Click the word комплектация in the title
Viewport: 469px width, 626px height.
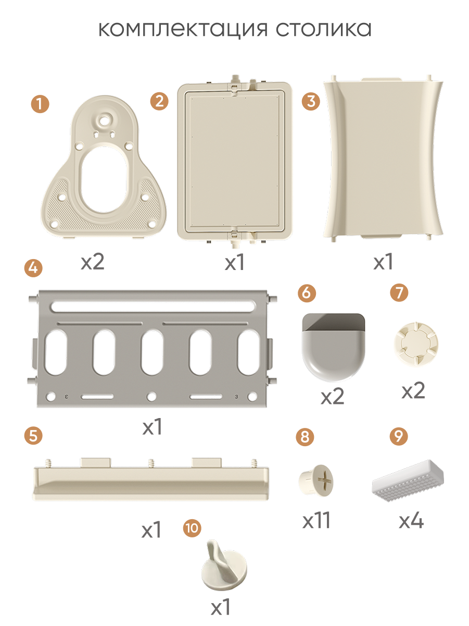pos(183,29)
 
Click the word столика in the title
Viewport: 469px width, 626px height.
pos(324,29)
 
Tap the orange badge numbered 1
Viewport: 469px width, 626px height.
pos(40,104)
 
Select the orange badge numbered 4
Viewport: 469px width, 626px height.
pos(33,268)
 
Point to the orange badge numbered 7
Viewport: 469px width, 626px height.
pos(399,292)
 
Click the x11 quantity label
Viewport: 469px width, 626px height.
pos(316,520)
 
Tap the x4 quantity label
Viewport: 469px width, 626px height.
pos(411,521)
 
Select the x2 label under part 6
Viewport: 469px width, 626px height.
pos(332,396)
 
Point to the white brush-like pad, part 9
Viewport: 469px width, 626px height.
pos(408,480)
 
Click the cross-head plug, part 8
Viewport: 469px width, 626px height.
pos(316,481)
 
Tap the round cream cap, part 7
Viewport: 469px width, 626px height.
pos(416,343)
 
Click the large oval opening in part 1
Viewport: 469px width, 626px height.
pos(104,179)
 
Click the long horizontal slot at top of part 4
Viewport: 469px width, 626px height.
pos(153,306)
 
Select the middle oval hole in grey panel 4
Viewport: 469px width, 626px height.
pos(153,352)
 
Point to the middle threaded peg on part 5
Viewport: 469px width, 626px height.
pos(151,463)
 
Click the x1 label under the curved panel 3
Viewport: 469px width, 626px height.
pos(383,262)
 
